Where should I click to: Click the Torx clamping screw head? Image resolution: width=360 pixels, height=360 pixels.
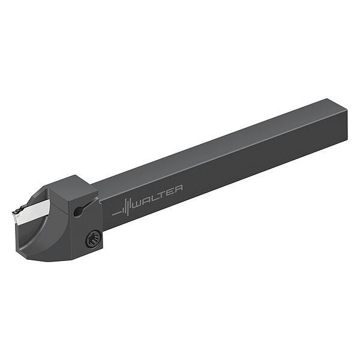point(93,239)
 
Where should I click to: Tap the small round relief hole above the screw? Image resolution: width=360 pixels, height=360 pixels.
point(77,211)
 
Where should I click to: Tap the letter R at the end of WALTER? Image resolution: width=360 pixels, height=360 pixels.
point(178,188)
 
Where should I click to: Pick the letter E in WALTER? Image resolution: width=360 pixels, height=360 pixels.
point(169,191)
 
